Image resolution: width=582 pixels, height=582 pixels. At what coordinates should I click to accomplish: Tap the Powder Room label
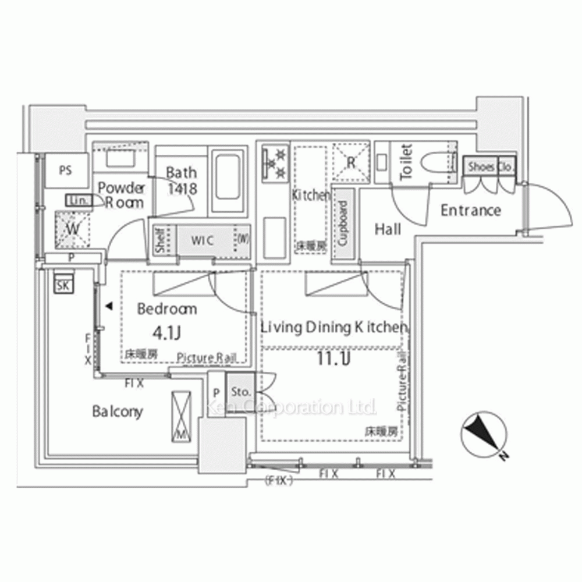(121, 195)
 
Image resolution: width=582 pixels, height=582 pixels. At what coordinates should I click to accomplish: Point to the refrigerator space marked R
(351, 162)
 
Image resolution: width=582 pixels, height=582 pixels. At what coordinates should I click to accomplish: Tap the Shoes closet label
(481, 166)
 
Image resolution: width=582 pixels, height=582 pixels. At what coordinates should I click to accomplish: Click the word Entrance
(470, 210)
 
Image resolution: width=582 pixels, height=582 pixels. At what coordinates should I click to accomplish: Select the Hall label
(388, 230)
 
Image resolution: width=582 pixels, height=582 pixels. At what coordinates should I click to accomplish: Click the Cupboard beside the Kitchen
(343, 224)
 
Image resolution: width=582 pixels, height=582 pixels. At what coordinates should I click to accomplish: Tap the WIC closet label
(203, 240)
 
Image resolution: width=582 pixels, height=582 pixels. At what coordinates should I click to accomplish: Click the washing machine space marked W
(72, 228)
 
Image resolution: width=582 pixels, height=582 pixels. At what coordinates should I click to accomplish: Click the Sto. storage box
(240, 391)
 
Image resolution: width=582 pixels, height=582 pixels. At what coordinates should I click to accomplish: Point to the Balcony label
(118, 411)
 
